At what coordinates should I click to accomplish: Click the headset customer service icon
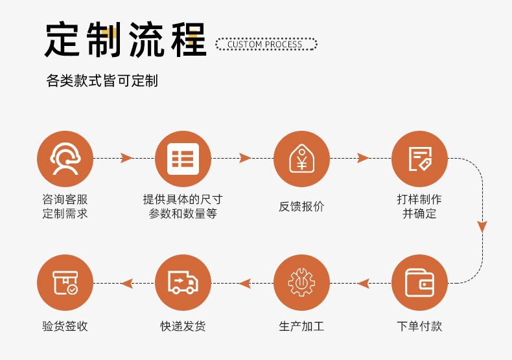tap(65, 159)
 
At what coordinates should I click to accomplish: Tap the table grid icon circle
tap(183, 159)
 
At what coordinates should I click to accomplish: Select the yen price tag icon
tap(301, 159)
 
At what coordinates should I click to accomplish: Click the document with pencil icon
tap(419, 159)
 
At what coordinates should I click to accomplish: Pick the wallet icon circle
tap(419, 283)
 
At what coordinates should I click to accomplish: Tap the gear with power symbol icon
tap(301, 283)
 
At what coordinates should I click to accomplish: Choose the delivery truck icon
tap(183, 283)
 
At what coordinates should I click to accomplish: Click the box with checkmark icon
tap(65, 283)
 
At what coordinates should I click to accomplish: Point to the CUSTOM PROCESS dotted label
tap(266, 45)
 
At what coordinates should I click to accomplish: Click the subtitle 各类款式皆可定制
tap(102, 81)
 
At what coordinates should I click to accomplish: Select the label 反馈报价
tap(301, 207)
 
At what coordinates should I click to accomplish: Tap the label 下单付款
tap(419, 326)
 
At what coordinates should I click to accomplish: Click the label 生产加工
tap(301, 326)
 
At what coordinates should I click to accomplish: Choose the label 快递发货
tap(183, 326)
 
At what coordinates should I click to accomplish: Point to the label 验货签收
tap(65, 326)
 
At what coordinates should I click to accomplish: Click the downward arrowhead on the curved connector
tap(482, 227)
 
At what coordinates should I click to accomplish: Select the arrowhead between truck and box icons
tap(127, 283)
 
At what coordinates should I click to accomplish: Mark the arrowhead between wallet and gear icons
tap(364, 283)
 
